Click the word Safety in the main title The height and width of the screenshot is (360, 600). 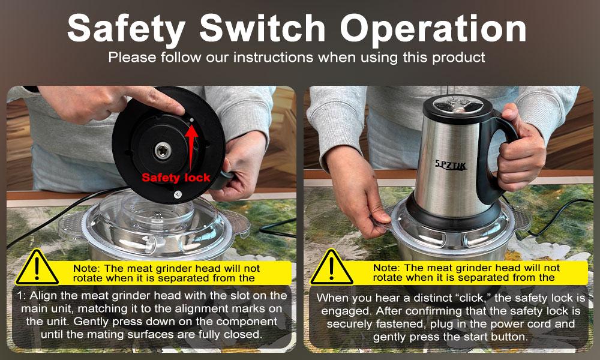pos(126,29)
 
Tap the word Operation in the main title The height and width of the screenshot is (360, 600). pos(433,29)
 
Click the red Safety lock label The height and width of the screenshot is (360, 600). pos(176,178)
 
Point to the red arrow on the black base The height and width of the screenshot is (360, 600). pos(191,147)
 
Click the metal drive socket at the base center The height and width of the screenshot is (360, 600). pos(163,150)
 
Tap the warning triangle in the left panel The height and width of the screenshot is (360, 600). pos(37,268)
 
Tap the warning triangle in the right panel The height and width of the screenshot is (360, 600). pos(331,268)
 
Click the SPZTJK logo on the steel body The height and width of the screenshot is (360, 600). pos(451,165)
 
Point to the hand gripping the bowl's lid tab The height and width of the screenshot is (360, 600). pos(356,191)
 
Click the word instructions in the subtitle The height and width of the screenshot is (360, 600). pos(274,58)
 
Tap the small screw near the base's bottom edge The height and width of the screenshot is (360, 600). pos(178,195)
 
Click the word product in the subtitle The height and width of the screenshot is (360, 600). pos(458,58)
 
